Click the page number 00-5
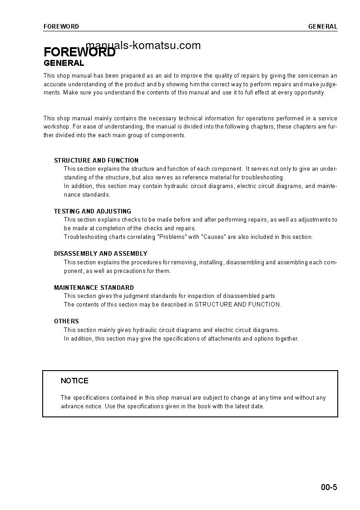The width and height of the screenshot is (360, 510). tap(329, 488)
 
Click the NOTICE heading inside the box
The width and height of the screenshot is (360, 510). tap(74, 381)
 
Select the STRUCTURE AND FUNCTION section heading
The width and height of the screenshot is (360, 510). tap(96, 160)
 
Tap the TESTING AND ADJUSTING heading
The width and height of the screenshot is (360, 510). tap(93, 211)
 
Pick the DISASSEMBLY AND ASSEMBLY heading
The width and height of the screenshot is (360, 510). tap(101, 253)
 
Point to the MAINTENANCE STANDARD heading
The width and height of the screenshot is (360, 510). tap(94, 287)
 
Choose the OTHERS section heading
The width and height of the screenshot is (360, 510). tap(66, 321)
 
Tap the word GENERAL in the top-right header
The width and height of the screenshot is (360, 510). tap(323, 26)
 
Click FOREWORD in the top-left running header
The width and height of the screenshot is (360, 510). tap(61, 26)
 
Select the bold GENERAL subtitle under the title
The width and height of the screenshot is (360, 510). tap(64, 64)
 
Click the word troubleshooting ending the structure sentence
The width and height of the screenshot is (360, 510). tap(262, 178)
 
